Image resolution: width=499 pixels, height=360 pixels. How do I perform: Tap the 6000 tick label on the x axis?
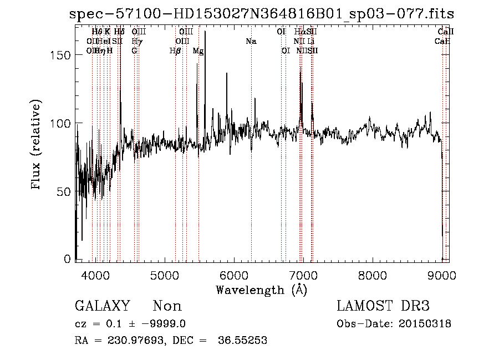233,275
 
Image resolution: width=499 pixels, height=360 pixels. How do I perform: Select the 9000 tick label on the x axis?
441,275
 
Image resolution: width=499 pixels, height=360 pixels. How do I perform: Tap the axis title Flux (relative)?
37,146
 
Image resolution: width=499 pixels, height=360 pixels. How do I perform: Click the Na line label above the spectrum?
251,41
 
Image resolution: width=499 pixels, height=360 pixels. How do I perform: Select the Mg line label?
198,51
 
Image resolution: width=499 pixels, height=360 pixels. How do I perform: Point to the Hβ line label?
175,51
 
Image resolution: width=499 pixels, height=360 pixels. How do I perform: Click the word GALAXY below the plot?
103,306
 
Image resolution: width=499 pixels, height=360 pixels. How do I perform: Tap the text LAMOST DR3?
383,306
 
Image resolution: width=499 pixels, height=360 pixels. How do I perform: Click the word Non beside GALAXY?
167,306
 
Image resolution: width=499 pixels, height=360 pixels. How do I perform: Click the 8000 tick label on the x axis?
372,275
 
